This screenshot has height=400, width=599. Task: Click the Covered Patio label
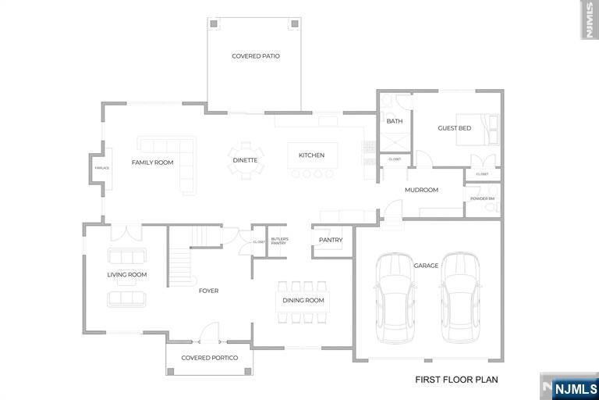click(x=255, y=56)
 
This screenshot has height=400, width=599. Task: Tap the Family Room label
click(x=152, y=162)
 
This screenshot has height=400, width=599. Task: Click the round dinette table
click(x=246, y=160)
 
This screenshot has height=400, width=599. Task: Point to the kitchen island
click(x=312, y=155)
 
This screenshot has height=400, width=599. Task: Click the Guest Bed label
click(x=454, y=128)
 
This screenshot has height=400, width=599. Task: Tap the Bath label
click(x=395, y=121)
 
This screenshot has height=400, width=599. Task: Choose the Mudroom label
click(x=421, y=190)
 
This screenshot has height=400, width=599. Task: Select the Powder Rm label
click(x=482, y=199)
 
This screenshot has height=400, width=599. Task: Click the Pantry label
click(x=331, y=240)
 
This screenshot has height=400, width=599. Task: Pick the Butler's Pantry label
click(x=279, y=241)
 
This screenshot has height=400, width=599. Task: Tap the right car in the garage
click(x=459, y=297)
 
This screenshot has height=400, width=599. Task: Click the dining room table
click(x=303, y=301)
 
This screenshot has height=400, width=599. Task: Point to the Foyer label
click(x=208, y=291)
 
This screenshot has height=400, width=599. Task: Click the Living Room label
click(x=127, y=274)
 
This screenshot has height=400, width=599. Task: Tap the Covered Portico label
click(x=209, y=358)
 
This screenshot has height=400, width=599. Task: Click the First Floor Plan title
click(x=456, y=380)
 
